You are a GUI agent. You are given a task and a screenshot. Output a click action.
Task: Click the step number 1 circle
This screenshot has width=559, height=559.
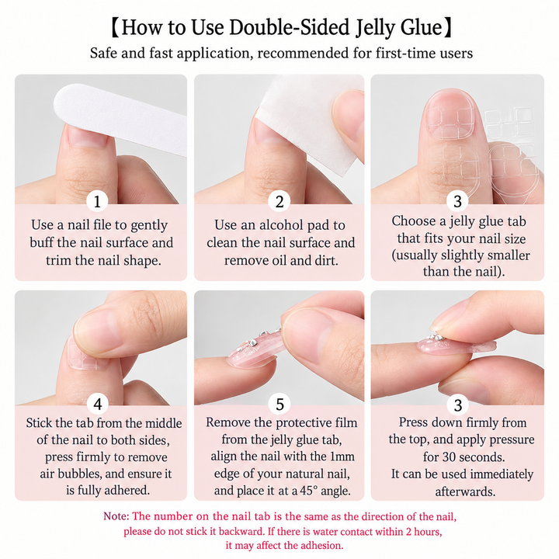tap(97, 201)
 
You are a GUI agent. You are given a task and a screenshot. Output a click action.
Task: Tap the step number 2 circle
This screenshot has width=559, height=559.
tap(279, 201)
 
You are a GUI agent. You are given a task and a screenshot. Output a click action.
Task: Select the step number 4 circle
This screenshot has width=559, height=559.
tap(98, 404)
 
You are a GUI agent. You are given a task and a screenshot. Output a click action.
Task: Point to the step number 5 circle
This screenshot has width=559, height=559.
tap(279, 404)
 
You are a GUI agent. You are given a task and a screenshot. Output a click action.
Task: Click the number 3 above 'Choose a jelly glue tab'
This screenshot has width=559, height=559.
tap(458, 201)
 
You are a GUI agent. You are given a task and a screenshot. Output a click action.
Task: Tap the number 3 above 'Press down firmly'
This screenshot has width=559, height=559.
tap(458, 404)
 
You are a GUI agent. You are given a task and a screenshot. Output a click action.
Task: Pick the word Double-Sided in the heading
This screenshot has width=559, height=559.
tap(289, 27)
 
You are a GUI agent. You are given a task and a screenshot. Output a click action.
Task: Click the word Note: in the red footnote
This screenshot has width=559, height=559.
tap(116, 516)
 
